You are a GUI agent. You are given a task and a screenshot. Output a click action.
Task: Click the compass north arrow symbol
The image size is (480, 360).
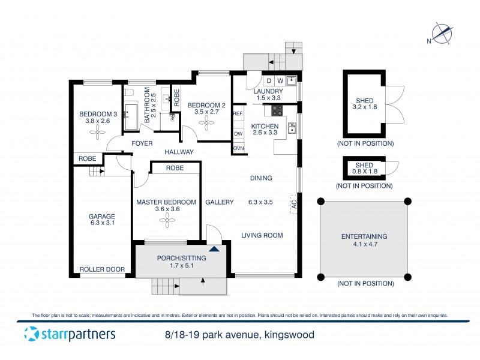click(x=443, y=33)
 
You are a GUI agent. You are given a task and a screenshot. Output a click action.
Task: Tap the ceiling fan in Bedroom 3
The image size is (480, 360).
click(x=98, y=134)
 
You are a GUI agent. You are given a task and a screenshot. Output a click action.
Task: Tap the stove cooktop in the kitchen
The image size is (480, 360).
click(x=278, y=110)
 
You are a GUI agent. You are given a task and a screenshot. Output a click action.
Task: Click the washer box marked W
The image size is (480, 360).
click(x=280, y=80)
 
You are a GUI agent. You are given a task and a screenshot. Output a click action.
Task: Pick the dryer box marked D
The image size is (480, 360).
click(x=269, y=80)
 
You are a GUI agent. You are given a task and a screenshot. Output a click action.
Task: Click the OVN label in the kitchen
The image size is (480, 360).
click(x=238, y=148)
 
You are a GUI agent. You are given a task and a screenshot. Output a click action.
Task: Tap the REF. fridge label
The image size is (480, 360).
click(x=238, y=114)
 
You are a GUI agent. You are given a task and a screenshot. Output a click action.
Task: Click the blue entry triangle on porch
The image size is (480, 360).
click(x=214, y=248)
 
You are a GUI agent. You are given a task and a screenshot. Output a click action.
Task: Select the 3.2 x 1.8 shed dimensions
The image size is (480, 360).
click(x=364, y=108)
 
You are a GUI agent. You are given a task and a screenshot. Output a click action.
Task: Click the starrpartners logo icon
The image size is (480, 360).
click(x=31, y=334)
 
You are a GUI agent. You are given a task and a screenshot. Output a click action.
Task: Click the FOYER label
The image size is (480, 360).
click(x=142, y=143)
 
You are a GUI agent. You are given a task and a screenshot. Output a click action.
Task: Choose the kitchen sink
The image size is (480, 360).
click(x=292, y=127)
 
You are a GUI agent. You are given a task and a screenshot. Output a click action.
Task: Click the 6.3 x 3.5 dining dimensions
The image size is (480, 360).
click(x=261, y=202)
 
